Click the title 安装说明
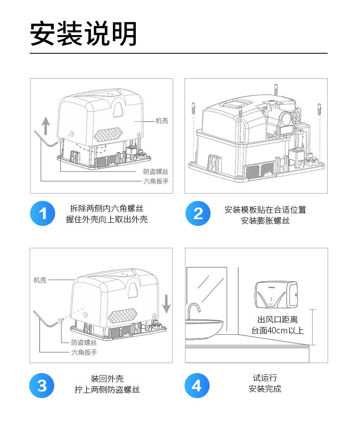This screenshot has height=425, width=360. [83, 34]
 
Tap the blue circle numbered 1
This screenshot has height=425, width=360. [42, 213]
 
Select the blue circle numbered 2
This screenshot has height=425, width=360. [198, 213]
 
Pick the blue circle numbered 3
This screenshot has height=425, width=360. [42, 385]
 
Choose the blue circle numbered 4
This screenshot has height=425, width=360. [197, 385]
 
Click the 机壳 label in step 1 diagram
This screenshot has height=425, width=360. [162, 121]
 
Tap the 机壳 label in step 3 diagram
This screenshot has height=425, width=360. [40, 280]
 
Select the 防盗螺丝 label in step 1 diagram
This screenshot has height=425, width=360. [155, 172]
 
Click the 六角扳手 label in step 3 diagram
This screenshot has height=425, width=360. [84, 352]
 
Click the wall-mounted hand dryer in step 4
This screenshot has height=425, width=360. [276, 295]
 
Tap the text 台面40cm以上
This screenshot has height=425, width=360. [278, 331]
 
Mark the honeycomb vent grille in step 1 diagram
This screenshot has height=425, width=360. [108, 135]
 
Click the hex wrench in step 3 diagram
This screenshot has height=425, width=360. [45, 320]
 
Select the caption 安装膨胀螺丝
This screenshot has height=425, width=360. [265, 220]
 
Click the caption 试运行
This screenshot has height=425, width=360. [265, 378]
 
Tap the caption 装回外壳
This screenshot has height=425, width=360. [107, 379]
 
